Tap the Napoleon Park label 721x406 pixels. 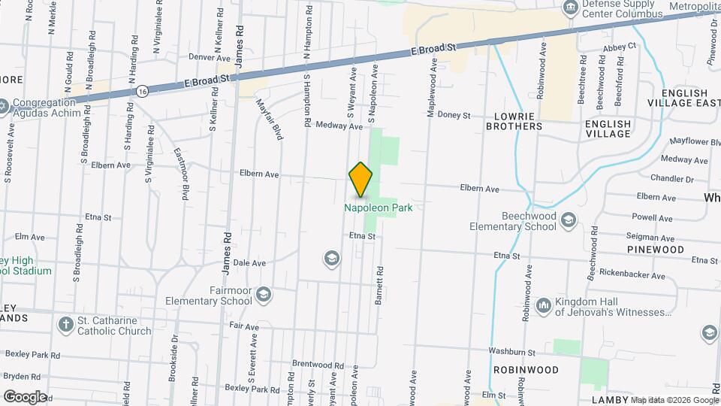[379, 208]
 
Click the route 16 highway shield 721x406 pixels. [142, 90]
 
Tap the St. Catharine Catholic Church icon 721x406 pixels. [65, 324]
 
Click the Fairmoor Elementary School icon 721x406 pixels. [263, 294]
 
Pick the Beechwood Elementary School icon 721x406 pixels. [569, 219]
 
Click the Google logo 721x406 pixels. [24, 396]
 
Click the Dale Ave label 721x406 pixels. [249, 263]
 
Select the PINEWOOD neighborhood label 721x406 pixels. [656, 249]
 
